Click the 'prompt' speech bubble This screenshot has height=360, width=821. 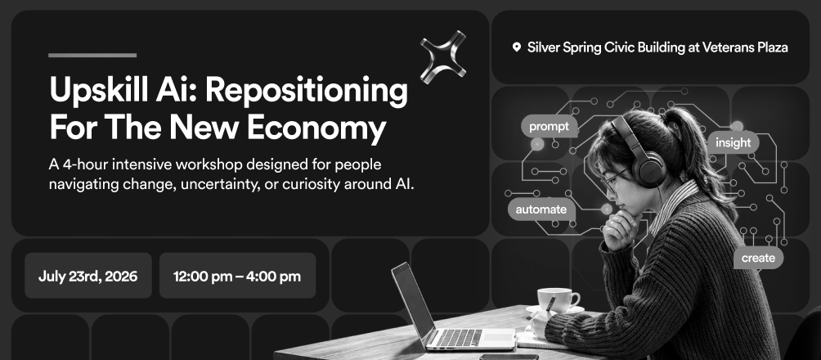click(x=550, y=126)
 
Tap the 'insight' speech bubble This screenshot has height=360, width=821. click(x=733, y=142)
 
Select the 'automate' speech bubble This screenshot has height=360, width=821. click(x=541, y=209)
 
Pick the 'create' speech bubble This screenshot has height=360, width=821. click(x=758, y=258)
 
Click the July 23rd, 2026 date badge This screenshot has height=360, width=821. click(x=88, y=276)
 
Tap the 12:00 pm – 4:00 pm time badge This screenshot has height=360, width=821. click(x=237, y=276)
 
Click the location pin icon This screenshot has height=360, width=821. click(x=516, y=47)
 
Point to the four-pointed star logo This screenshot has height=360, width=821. click(x=443, y=57)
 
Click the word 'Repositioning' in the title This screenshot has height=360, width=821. click(x=307, y=91)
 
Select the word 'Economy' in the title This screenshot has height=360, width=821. click(x=316, y=128)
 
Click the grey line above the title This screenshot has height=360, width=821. click(x=92, y=55)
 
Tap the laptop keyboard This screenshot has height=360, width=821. click(x=459, y=337)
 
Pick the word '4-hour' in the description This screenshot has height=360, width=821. click(x=85, y=164)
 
